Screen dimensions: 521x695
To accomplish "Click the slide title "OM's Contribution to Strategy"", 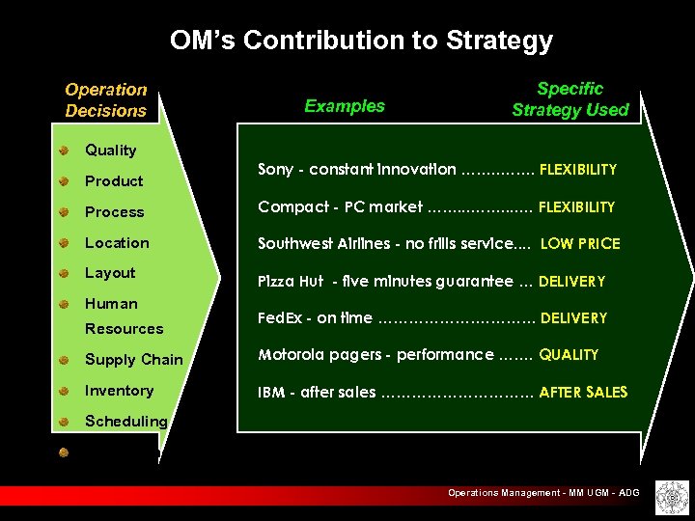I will [x=361, y=41].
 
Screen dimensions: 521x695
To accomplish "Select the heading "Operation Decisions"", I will [x=106, y=100].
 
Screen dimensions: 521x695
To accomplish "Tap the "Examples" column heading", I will [x=345, y=106].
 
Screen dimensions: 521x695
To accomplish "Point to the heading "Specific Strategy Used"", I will [x=570, y=100].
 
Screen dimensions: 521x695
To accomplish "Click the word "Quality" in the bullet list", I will [x=111, y=151].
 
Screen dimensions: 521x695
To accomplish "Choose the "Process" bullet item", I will [x=115, y=212].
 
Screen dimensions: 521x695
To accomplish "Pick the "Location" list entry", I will [x=117, y=243].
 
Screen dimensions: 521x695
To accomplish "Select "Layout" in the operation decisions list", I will [x=110, y=273].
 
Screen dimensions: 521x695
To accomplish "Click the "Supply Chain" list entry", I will [x=134, y=360].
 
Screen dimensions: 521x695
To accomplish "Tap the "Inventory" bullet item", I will [x=120, y=391].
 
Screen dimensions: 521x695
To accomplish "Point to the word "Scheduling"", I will [x=126, y=422].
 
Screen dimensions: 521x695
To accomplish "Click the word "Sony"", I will [x=275, y=170].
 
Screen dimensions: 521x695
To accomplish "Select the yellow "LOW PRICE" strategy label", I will [x=580, y=244].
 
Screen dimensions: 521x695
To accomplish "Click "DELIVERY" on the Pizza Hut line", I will [x=571, y=282].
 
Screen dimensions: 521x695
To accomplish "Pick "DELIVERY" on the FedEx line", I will [x=573, y=318].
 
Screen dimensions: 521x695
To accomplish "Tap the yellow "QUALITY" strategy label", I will [x=569, y=355].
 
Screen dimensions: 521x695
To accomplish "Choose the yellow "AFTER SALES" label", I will [x=583, y=392].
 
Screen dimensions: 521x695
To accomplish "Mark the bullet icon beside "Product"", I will [x=63, y=181].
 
